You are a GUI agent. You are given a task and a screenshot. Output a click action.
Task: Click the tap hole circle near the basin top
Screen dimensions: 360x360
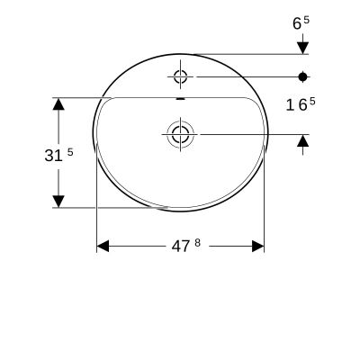(x=180, y=76)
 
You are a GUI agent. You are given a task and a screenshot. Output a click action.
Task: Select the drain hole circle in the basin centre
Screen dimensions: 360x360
(x=180, y=135)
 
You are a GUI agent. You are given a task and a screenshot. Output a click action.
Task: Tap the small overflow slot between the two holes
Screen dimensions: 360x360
(x=180, y=99)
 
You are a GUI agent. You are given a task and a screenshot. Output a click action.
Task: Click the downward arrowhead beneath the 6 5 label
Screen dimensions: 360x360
(x=303, y=46)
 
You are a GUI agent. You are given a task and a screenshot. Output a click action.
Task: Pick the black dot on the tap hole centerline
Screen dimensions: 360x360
(x=303, y=76)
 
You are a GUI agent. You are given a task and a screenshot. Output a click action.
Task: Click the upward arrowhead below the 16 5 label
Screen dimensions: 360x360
(x=303, y=141)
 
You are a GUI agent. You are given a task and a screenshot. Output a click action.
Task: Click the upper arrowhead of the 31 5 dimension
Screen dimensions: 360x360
(x=58, y=105)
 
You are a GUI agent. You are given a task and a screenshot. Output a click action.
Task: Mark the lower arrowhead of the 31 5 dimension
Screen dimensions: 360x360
(x=58, y=201)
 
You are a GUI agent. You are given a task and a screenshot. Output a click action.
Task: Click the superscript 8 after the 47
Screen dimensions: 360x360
(x=193, y=241)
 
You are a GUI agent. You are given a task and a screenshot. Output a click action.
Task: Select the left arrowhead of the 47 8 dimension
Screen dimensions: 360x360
(x=103, y=246)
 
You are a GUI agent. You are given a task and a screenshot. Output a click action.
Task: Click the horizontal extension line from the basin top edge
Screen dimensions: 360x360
(x=243, y=54)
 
